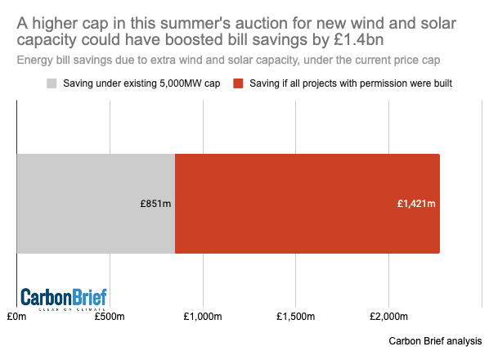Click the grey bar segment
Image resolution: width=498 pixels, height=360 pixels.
96,204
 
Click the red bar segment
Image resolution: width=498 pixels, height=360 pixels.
307,204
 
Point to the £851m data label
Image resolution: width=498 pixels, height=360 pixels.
155,204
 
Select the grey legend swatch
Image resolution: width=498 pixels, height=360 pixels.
52,83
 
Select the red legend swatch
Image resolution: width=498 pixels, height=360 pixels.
239,83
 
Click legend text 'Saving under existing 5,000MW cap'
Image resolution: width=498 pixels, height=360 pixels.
140,83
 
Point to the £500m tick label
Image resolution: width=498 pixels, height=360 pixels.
110,317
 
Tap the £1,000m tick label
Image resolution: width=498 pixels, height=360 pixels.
202,317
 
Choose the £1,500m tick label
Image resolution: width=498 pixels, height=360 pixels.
295,317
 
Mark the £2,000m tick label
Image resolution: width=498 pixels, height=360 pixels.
388,317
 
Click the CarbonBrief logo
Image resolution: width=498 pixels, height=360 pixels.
63,299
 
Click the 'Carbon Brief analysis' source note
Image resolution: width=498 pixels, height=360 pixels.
436,341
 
